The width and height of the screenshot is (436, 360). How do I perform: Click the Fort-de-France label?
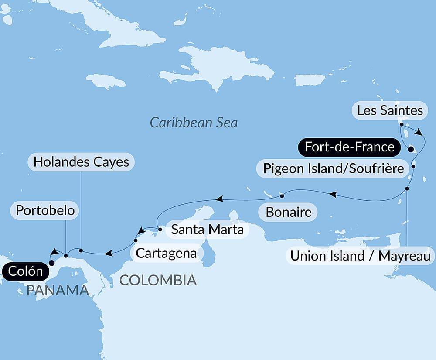click(349, 147)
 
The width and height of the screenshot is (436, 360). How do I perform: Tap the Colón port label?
click(24, 271)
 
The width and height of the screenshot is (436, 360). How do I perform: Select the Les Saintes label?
click(390, 110)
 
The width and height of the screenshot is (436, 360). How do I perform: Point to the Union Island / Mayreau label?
click(361, 256)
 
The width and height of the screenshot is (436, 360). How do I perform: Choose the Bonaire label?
click(289, 213)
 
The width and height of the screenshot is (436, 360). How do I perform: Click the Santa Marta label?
click(207, 229)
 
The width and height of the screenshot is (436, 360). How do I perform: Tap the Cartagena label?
click(166, 253)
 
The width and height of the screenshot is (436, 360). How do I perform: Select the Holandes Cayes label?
click(81, 162)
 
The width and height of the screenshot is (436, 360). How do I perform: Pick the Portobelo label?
click(45, 211)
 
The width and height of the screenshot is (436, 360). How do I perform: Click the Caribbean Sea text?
click(194, 122)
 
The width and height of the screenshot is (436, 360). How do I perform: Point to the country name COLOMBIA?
click(158, 280)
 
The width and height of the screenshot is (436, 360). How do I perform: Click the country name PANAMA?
click(57, 290)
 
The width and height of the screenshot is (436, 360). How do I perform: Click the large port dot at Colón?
click(51, 263)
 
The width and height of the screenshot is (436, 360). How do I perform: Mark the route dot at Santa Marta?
click(160, 229)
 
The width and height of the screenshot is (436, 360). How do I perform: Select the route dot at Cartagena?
click(136, 240)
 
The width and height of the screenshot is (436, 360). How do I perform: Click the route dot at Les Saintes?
click(401, 124)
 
